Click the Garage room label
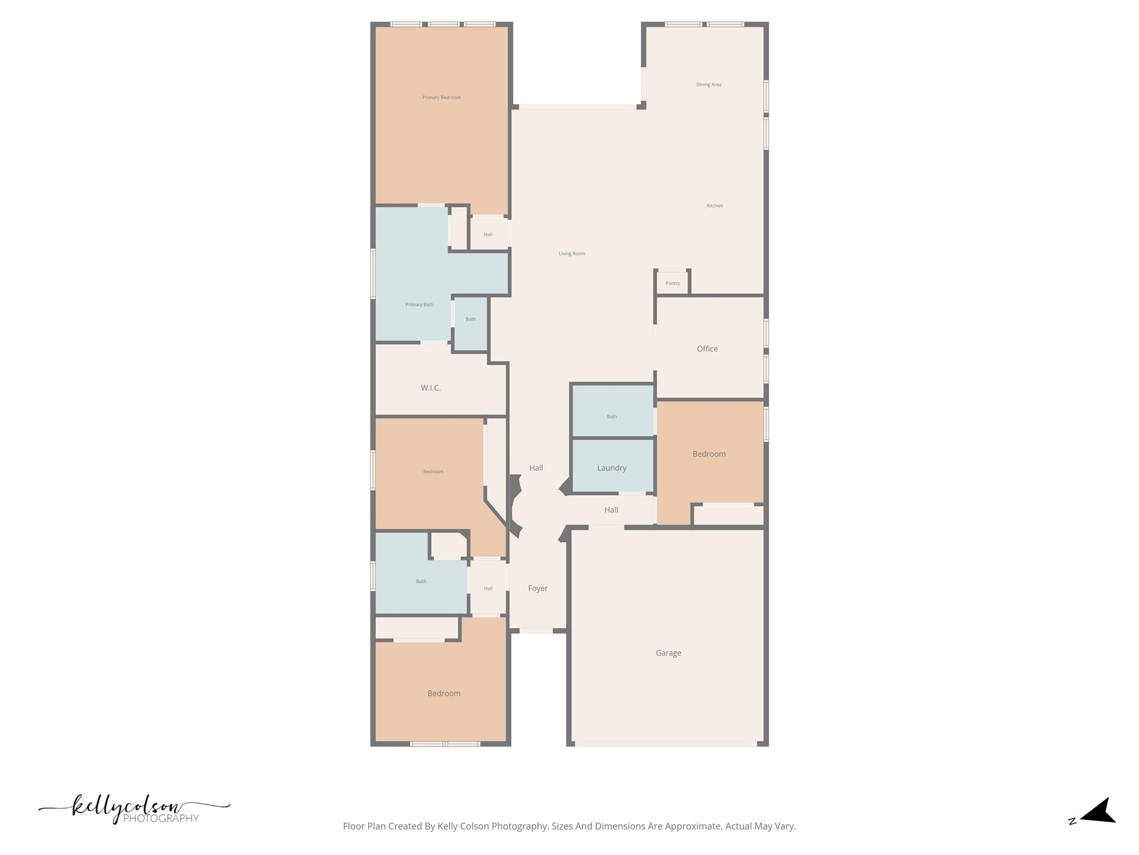pyautogui.click(x=668, y=653)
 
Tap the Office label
pyautogui.click(x=707, y=349)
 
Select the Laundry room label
pyautogui.click(x=612, y=468)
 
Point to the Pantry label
pyautogui.click(x=672, y=283)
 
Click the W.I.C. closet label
pyautogui.click(x=430, y=388)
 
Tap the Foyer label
pyautogui.click(x=538, y=588)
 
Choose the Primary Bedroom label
pyautogui.click(x=441, y=97)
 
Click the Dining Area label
pyautogui.click(x=709, y=85)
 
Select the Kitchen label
pyautogui.click(x=715, y=206)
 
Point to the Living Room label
pyautogui.click(x=572, y=254)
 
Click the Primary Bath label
pyautogui.click(x=419, y=304)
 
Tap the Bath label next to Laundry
pyautogui.click(x=612, y=416)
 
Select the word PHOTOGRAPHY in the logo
pyautogui.click(x=161, y=818)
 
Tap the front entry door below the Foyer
pyautogui.click(x=536, y=631)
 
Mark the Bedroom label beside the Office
pyautogui.click(x=709, y=454)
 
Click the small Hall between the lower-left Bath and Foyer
pyautogui.click(x=488, y=588)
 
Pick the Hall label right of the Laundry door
pyautogui.click(x=611, y=510)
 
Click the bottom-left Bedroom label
pyautogui.click(x=444, y=694)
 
